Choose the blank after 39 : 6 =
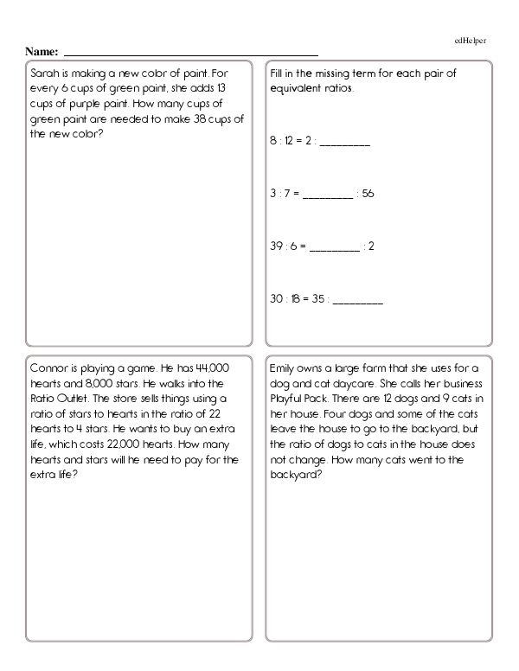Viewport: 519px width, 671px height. coord(334,247)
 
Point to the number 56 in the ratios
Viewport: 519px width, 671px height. coord(368,194)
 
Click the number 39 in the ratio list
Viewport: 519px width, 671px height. coord(277,246)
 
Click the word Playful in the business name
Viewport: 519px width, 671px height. coord(289,398)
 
